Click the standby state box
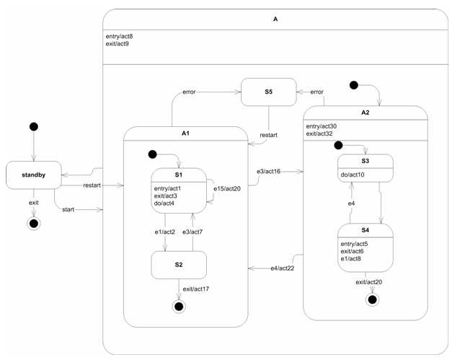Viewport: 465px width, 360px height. coord(33,175)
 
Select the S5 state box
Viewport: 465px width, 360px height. coord(267,92)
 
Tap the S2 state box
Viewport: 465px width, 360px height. coord(178,265)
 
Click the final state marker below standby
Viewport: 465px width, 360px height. coord(33,224)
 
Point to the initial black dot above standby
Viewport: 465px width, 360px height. coord(33,127)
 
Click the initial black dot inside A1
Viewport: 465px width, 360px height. coord(152,154)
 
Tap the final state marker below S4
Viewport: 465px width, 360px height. coord(372,298)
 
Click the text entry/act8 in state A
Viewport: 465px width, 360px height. coord(119,36)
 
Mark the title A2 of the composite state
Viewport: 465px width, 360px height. coord(365,113)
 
